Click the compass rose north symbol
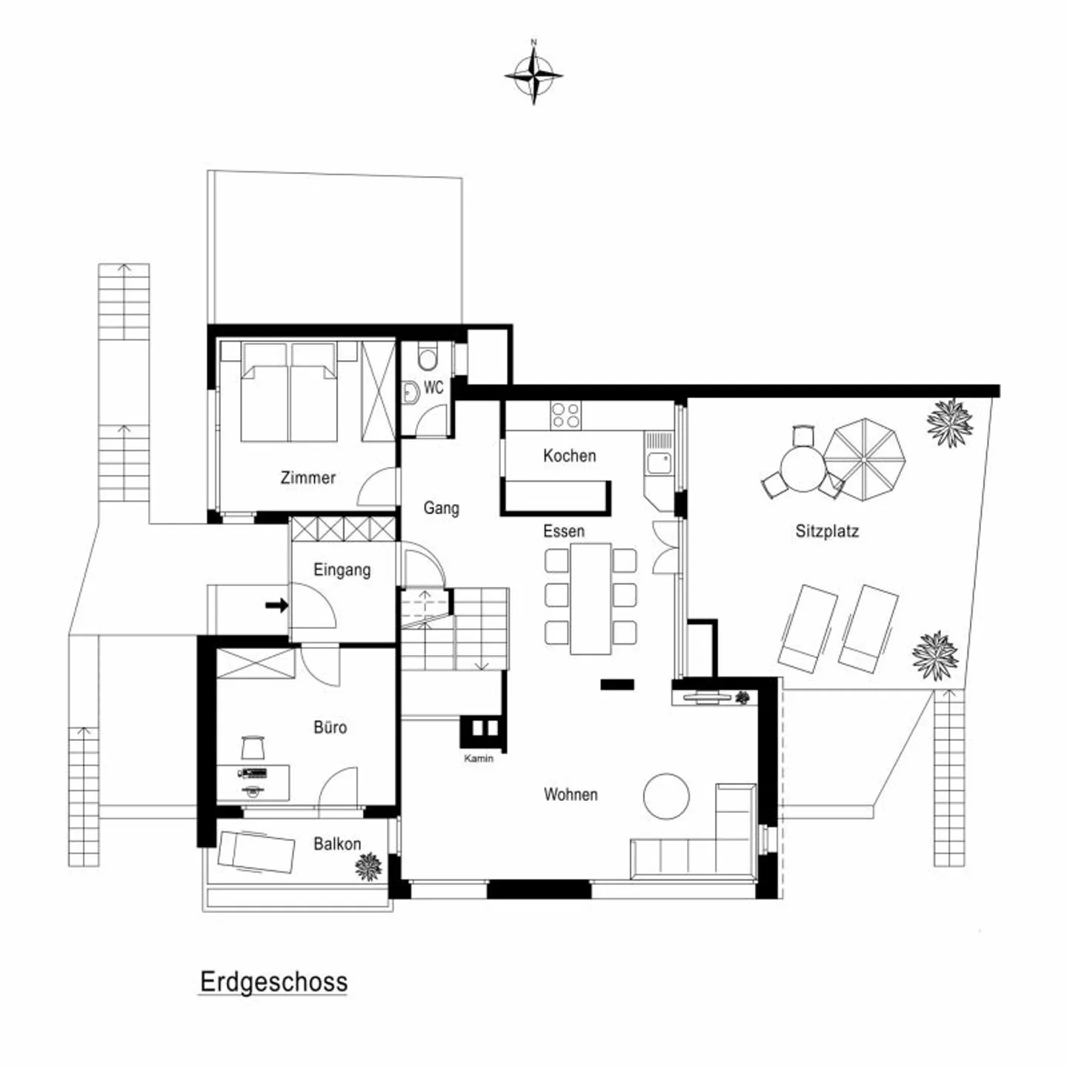533,73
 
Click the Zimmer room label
308,477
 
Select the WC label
433,388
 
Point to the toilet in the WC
428,356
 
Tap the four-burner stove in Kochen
565,415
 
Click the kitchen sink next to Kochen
659,463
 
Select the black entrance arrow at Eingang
276,605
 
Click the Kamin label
479,759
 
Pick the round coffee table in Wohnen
666,797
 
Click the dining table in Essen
591,599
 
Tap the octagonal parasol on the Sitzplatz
863,459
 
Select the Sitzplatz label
827,531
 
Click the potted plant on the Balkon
368,866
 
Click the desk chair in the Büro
253,747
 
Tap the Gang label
442,508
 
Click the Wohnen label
571,794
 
